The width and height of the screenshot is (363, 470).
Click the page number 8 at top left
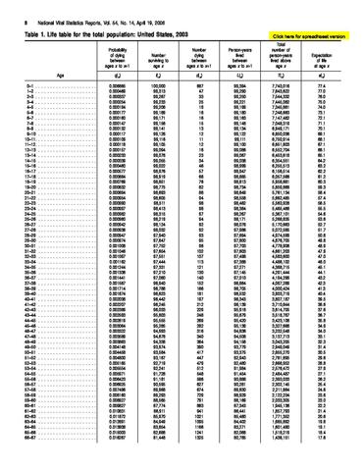pyautogui.click(x=8, y=8)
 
